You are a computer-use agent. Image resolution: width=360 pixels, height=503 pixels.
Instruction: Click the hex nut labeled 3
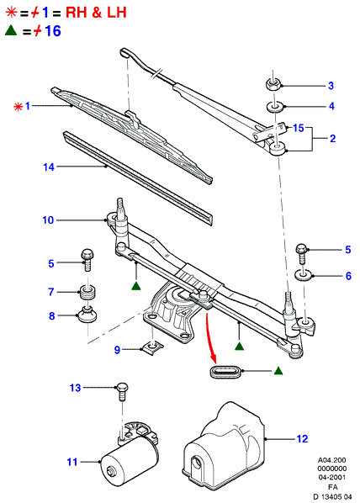(x=273, y=84)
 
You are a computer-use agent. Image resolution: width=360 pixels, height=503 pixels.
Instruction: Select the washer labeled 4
(x=274, y=107)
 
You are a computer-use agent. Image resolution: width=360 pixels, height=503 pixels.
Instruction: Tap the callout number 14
(x=49, y=167)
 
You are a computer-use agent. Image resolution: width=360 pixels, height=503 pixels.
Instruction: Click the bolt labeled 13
(x=122, y=391)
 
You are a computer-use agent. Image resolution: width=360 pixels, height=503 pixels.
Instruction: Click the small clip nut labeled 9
(x=152, y=347)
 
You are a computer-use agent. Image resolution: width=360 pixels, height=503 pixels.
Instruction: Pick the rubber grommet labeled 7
(x=87, y=292)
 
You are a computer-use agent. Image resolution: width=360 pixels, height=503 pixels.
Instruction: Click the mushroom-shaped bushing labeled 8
(x=87, y=315)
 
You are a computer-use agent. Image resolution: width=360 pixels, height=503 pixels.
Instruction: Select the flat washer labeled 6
(x=304, y=274)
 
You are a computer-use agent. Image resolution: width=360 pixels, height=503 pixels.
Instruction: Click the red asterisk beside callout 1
(x=18, y=106)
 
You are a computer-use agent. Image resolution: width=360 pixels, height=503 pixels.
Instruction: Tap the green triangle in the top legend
(x=11, y=30)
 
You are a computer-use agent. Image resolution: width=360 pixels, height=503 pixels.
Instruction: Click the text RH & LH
(x=96, y=13)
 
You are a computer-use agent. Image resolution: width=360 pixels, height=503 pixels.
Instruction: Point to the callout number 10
(x=48, y=220)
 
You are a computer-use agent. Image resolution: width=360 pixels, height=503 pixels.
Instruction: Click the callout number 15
(x=298, y=128)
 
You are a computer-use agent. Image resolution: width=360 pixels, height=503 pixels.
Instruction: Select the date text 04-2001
(x=332, y=477)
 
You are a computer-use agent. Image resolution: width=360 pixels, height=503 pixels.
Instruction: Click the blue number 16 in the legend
(x=53, y=31)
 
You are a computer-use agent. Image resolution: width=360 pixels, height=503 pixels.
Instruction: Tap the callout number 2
(x=332, y=138)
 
